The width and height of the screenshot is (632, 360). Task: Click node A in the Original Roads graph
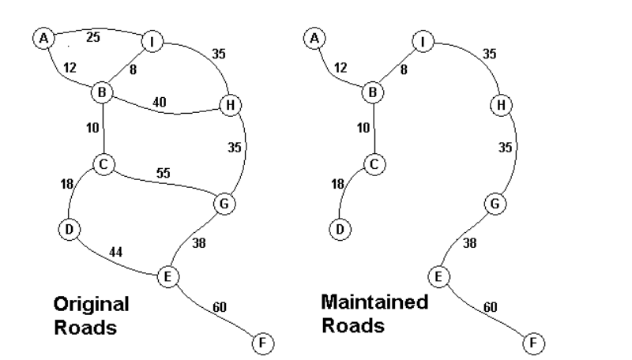click(x=44, y=37)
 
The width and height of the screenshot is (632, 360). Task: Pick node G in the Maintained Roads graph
click(x=495, y=204)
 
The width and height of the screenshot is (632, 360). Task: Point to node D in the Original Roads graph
click(x=69, y=229)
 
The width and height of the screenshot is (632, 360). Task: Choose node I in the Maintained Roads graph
click(x=423, y=40)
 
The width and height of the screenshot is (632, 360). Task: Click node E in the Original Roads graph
click(x=167, y=276)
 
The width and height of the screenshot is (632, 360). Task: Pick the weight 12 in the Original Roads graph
click(x=70, y=68)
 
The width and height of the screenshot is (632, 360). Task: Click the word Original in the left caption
click(x=91, y=305)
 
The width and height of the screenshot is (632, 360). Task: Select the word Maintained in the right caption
click(x=374, y=302)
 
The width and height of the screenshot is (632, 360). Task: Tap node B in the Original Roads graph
click(x=103, y=92)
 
